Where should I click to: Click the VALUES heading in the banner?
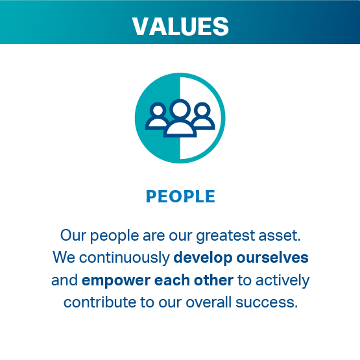[180, 27]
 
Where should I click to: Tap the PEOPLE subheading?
[180, 197]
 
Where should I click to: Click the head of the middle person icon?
[180, 109]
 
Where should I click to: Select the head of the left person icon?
[158, 110]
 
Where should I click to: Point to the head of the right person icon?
[202, 110]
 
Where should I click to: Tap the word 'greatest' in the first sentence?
[226, 236]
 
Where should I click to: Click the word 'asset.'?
[280, 236]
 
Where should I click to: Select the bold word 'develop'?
[203, 258]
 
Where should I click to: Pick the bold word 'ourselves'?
[272, 258]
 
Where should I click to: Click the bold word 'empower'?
[116, 281]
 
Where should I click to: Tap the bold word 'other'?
[213, 280]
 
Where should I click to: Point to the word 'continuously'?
[125, 258]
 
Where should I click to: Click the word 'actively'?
[283, 281]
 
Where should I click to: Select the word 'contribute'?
[100, 302]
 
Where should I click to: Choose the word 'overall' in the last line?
[208, 302]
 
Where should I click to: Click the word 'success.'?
[267, 303]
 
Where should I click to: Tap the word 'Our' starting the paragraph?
[73, 235]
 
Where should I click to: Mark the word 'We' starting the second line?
[64, 258]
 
